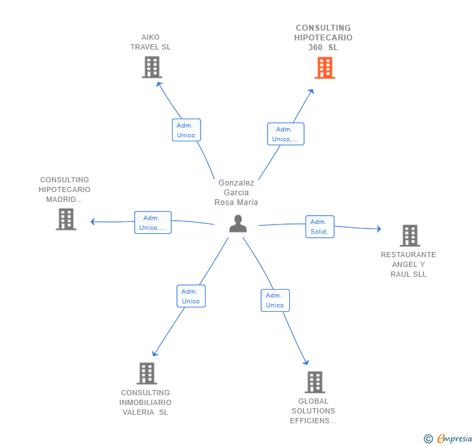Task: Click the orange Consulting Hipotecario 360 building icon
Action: pyautogui.click(x=324, y=68)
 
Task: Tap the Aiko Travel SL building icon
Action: pyautogui.click(x=151, y=67)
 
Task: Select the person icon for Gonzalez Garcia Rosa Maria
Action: pyautogui.click(x=238, y=223)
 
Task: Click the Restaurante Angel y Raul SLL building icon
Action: pyautogui.click(x=409, y=236)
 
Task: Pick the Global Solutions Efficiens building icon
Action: pyautogui.click(x=314, y=382)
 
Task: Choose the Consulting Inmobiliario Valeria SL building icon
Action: pyautogui.click(x=147, y=374)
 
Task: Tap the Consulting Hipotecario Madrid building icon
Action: pyautogui.click(x=66, y=219)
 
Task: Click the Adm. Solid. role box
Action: pyautogui.click(x=320, y=227)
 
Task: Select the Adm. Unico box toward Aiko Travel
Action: pyautogui.click(x=186, y=130)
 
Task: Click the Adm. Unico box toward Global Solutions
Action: pyautogui.click(x=275, y=300)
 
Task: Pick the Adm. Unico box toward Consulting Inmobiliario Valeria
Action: pyautogui.click(x=191, y=296)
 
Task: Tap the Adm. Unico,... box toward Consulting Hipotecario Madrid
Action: pyautogui.click(x=153, y=223)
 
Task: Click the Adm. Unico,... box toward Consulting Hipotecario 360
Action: pyautogui.click(x=285, y=134)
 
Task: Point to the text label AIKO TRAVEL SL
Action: pyautogui.click(x=150, y=42)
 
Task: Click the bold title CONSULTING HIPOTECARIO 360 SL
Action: pyautogui.click(x=324, y=38)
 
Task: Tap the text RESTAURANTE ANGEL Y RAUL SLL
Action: pyautogui.click(x=408, y=264)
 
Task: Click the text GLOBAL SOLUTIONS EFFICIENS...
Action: pyautogui.click(x=313, y=411)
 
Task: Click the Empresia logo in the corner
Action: pyautogui.click(x=449, y=439)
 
